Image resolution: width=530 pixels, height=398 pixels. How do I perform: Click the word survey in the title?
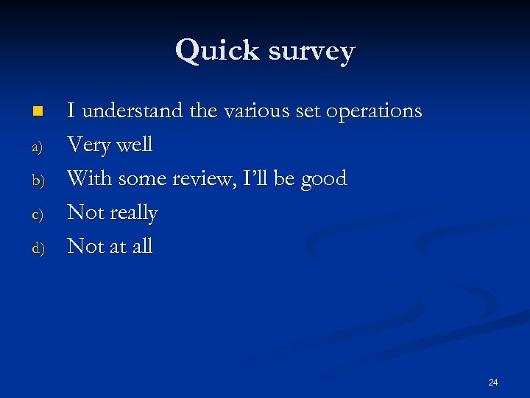pos(311,52)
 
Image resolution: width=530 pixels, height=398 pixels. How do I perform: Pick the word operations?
pos(373,112)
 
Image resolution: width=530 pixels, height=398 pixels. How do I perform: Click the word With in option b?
pos(90,178)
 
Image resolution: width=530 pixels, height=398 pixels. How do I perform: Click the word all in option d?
pos(141,246)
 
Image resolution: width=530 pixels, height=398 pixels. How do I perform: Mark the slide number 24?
pos(493,382)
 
